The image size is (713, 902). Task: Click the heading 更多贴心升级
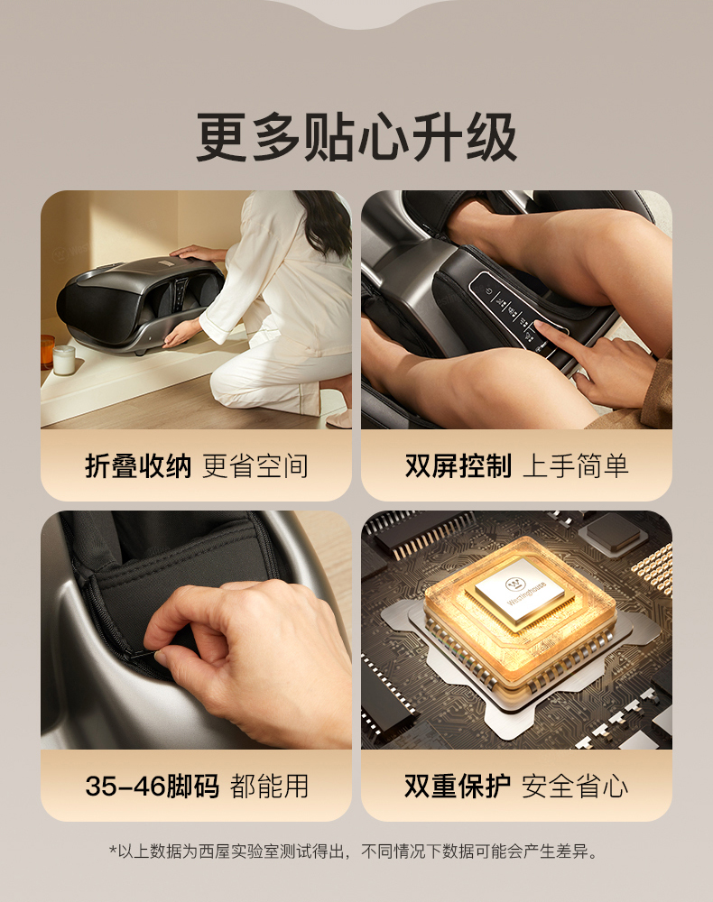click(x=356, y=137)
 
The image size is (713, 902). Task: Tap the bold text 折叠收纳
click(x=138, y=465)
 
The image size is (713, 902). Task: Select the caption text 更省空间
click(x=255, y=465)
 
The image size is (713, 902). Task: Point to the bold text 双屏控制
click(x=458, y=465)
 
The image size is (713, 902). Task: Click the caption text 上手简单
click(x=576, y=465)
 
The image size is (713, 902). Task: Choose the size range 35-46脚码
click(x=152, y=786)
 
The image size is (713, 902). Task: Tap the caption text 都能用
click(x=269, y=786)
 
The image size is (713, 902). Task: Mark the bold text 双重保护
click(x=458, y=786)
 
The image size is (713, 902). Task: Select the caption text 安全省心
click(x=575, y=786)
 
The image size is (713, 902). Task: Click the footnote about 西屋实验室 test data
click(x=353, y=851)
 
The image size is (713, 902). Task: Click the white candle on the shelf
click(x=64, y=360)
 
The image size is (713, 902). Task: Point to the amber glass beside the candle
click(x=47, y=352)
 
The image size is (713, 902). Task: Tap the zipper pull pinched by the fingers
click(x=144, y=654)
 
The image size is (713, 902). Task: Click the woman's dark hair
click(x=326, y=223)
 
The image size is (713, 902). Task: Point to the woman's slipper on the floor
click(x=340, y=418)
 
